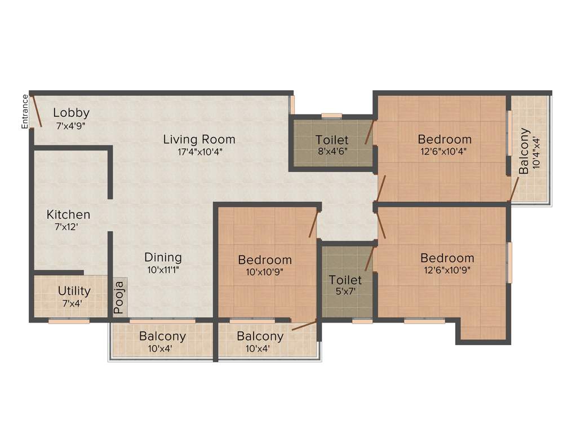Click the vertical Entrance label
pyautogui.click(x=25, y=112)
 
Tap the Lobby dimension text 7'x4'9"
pyautogui.click(x=71, y=127)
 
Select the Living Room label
pyautogui.click(x=199, y=139)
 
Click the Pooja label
pyautogui.click(x=119, y=297)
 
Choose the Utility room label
pyautogui.click(x=74, y=291)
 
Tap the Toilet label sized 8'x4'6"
pyautogui.click(x=332, y=139)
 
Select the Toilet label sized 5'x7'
pyautogui.click(x=345, y=280)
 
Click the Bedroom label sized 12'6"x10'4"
pyautogui.click(x=444, y=139)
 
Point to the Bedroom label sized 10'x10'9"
pyautogui.click(x=265, y=260)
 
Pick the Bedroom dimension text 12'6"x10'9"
pyautogui.click(x=447, y=269)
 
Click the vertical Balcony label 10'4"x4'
pyautogui.click(x=524, y=151)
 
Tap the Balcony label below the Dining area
pyautogui.click(x=163, y=337)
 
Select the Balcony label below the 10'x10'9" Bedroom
pyautogui.click(x=260, y=337)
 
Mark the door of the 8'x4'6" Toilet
pyautogui.click(x=370, y=132)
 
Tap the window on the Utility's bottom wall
pyautogui.click(x=69, y=321)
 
